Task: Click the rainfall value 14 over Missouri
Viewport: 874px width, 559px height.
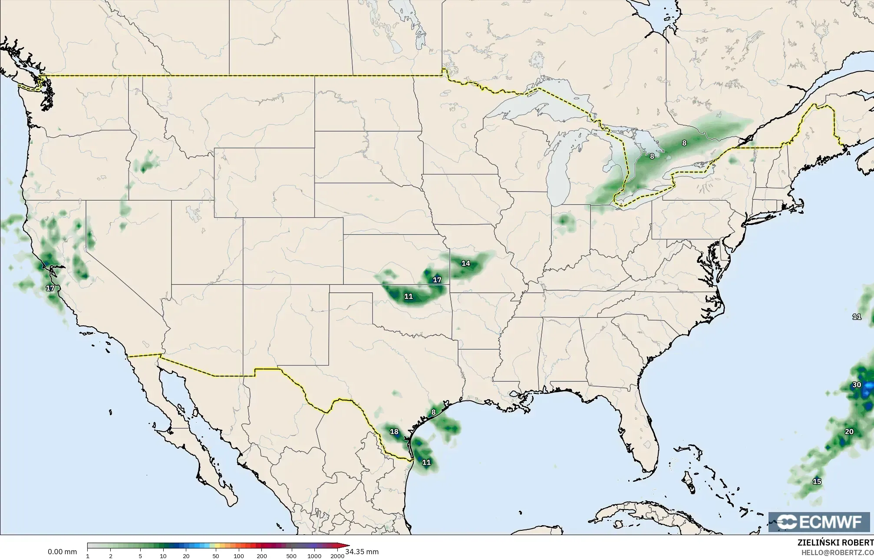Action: tap(465, 263)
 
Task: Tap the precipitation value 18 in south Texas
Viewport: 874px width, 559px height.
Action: tap(394, 432)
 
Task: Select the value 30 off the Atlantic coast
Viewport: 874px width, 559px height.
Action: tap(857, 385)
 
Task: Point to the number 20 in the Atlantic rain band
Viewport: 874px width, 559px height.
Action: tap(849, 432)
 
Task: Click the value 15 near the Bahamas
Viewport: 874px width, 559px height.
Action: tap(817, 481)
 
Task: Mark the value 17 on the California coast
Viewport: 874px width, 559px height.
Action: tap(50, 288)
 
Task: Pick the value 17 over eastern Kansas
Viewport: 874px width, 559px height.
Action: tap(437, 280)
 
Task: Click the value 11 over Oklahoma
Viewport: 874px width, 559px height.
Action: tap(408, 297)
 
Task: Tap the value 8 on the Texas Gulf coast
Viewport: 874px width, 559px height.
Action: tap(433, 412)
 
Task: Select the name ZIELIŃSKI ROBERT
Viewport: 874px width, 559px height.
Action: tap(835, 542)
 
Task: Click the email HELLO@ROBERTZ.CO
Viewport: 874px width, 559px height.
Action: tap(837, 552)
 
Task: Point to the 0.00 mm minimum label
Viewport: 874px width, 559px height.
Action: tap(62, 552)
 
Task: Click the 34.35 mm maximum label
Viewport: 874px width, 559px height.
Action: tap(362, 552)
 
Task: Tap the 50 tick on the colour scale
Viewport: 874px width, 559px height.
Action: tap(215, 556)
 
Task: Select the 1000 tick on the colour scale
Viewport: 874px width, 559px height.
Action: tap(314, 556)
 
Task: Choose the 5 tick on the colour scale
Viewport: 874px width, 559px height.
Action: tap(140, 556)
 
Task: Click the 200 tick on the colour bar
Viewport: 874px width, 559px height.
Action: tap(261, 556)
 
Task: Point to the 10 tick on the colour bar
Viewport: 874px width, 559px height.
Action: tap(163, 556)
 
